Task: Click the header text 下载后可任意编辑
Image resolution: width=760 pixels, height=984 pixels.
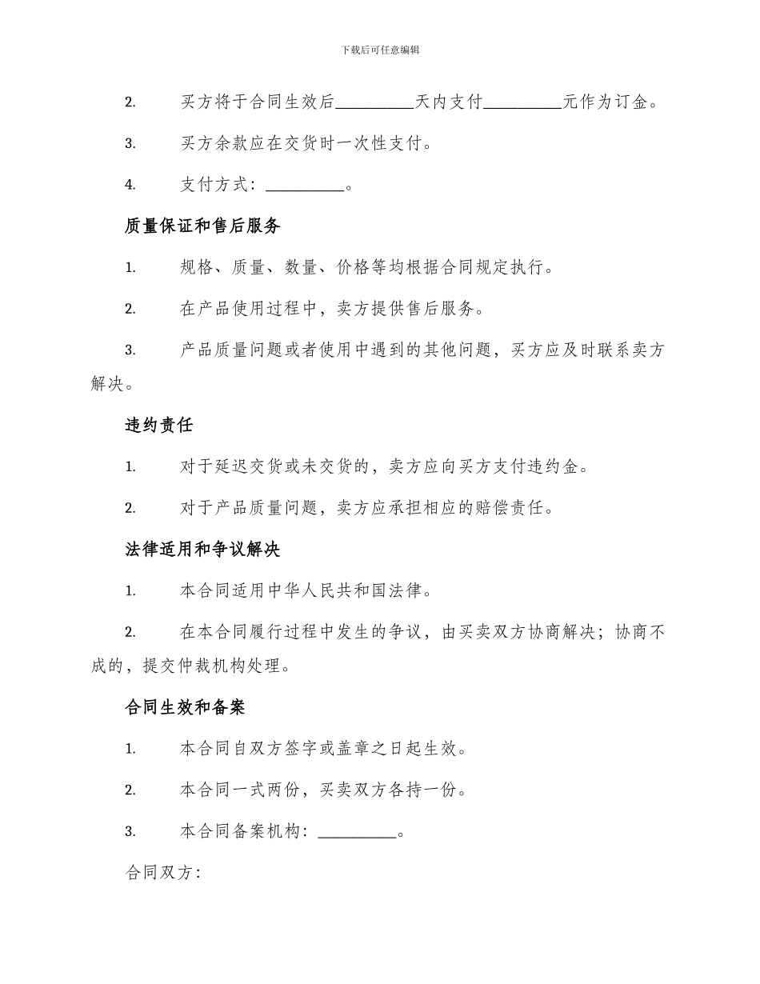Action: (x=380, y=50)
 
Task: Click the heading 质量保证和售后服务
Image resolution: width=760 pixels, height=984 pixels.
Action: (x=202, y=226)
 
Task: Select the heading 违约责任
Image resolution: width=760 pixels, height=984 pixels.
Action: (x=159, y=425)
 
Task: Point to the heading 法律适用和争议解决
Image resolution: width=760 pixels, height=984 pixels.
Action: (x=202, y=550)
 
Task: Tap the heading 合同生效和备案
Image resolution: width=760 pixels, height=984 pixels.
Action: (x=185, y=707)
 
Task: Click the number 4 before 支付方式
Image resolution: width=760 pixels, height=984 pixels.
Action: (x=130, y=186)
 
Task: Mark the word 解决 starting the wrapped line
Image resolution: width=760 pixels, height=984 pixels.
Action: (x=108, y=384)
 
